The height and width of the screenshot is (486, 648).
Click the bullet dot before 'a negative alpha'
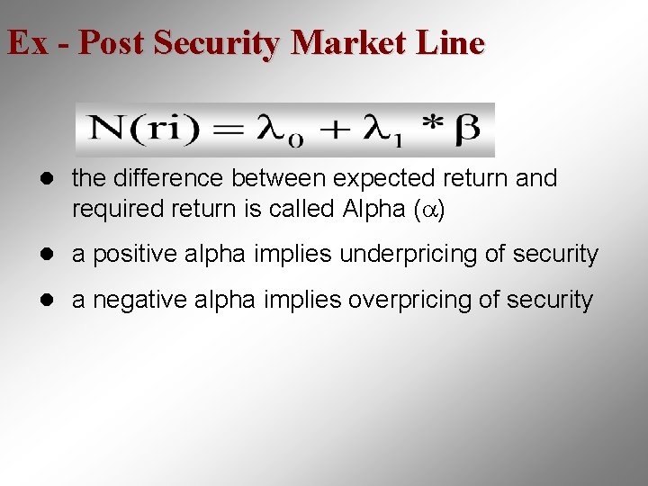56,301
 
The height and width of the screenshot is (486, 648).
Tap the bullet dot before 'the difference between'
56,179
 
